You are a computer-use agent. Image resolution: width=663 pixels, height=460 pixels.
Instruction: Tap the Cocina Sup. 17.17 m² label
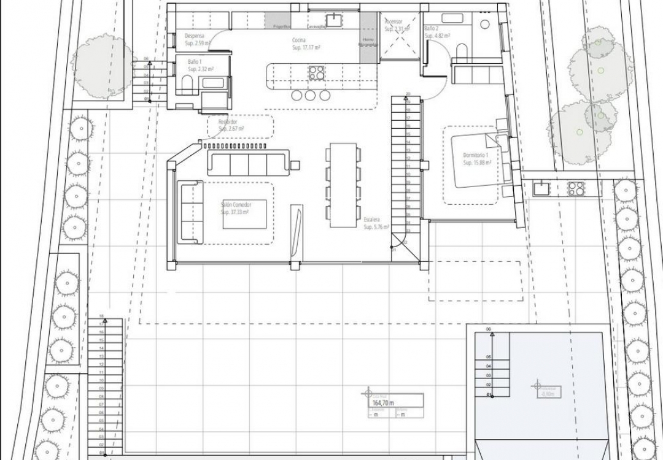(305, 43)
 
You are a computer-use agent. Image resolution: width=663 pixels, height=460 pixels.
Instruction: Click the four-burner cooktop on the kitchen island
(316, 72)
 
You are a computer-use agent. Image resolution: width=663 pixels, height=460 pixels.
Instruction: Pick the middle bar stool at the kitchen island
(309, 95)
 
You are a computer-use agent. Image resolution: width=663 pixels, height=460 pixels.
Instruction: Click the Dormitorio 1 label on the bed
(478, 159)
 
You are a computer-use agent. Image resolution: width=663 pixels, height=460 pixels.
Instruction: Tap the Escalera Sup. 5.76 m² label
(373, 223)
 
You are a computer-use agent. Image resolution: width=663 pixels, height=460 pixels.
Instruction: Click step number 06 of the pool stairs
(489, 330)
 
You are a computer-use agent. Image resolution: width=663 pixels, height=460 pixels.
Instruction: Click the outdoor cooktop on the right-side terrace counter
(576, 188)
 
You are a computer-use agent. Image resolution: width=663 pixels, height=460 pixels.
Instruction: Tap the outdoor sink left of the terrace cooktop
(541, 188)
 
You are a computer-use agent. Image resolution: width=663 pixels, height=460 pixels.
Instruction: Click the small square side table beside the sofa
(295, 164)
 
